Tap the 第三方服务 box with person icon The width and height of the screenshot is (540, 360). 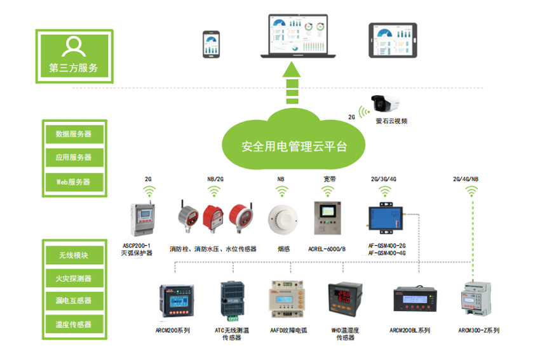pyautogui.click(x=74, y=56)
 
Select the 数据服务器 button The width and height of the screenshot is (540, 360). pyautogui.click(x=74, y=134)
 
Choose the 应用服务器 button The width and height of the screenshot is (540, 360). pyautogui.click(x=74, y=157)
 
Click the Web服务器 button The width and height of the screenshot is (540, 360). pyautogui.click(x=74, y=182)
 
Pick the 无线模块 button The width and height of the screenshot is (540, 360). pyautogui.click(x=74, y=255)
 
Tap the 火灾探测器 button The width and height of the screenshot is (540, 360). pyautogui.click(x=74, y=278)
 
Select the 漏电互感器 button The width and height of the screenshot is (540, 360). pyautogui.click(x=74, y=301)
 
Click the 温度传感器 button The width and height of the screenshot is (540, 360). pyautogui.click(x=74, y=324)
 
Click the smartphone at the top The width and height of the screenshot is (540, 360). pyautogui.click(x=212, y=44)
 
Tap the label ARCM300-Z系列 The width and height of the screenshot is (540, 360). pyautogui.click(x=478, y=330)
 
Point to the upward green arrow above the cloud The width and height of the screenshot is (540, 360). pyautogui.click(x=293, y=86)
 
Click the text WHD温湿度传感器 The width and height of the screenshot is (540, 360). pyautogui.click(x=345, y=334)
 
